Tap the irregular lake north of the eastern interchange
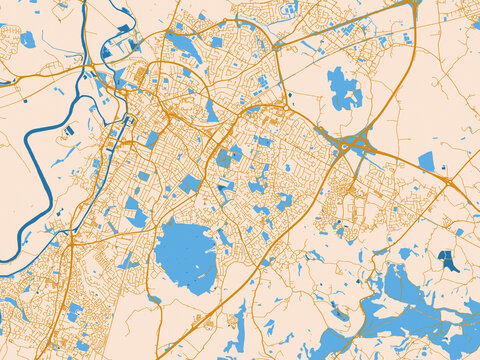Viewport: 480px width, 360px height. pyautogui.click(x=344, y=90)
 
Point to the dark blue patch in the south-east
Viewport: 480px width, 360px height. pyautogui.click(x=448, y=262)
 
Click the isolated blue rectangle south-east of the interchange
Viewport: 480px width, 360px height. pyautogui.click(x=427, y=161)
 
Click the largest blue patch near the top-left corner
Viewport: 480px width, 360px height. pyautogui.click(x=27, y=40)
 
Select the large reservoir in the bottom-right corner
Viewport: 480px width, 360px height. pyautogui.click(x=410, y=290)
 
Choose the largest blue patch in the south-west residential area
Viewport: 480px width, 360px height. pyautogui.click(x=74, y=311)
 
